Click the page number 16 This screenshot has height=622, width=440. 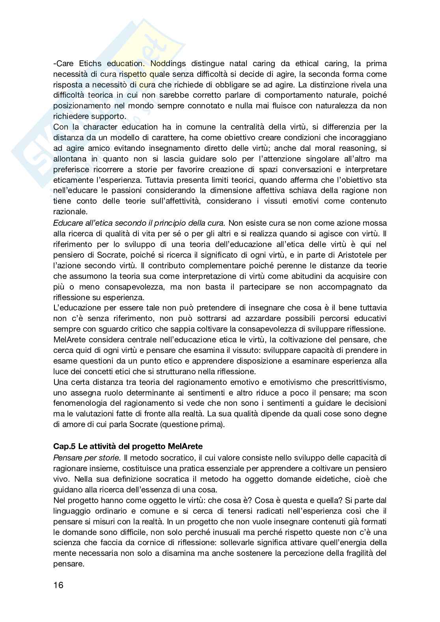pos(58,585)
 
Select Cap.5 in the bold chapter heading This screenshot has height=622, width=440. pos(64,447)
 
